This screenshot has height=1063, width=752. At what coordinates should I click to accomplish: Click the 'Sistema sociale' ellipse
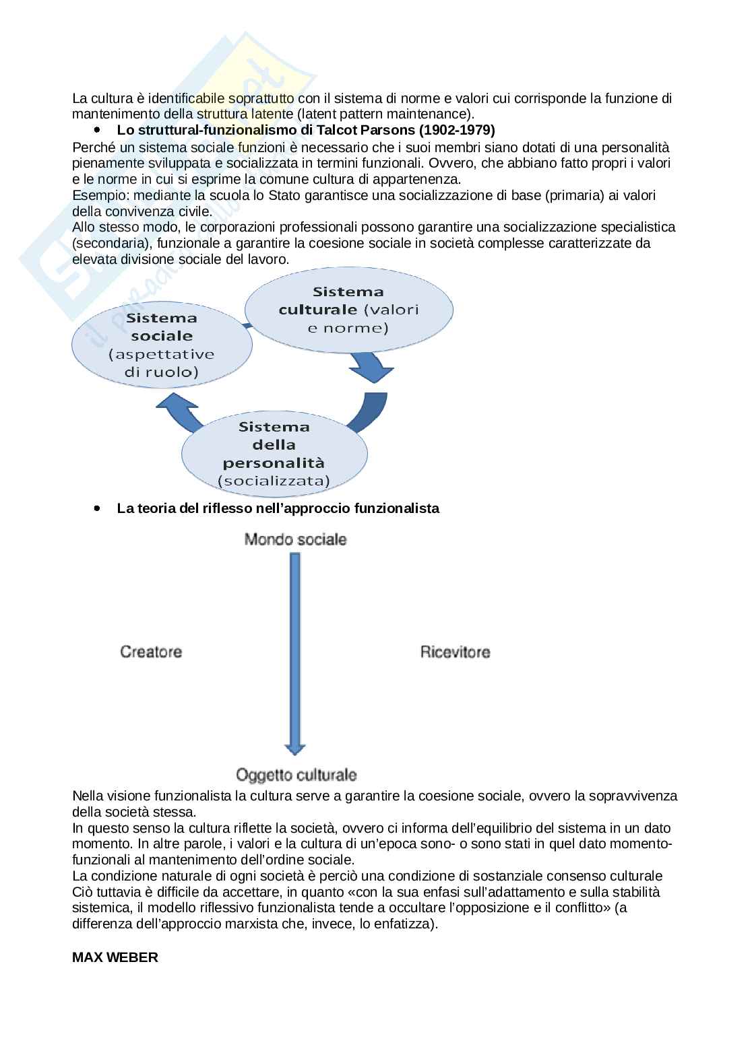[x=162, y=344]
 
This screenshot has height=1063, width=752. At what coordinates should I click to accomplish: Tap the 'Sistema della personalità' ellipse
[x=274, y=453]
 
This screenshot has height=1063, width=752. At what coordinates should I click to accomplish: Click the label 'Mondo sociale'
[x=295, y=539]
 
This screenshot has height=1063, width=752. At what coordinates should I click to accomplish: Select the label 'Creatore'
[x=151, y=652]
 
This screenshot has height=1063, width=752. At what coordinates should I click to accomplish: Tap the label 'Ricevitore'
[x=456, y=652]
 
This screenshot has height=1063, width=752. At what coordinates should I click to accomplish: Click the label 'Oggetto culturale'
[x=296, y=775]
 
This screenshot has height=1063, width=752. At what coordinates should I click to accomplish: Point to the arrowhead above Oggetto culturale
[x=294, y=749]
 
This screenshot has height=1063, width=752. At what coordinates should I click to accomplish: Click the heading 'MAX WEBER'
[x=115, y=957]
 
